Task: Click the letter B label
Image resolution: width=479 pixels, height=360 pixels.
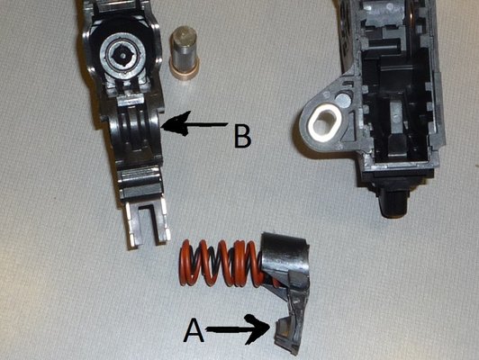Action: click(x=242, y=136)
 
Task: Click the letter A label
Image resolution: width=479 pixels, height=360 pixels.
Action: click(x=194, y=330)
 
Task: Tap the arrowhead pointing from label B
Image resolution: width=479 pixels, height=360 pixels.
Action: click(x=175, y=123)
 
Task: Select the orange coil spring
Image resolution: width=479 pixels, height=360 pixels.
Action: click(x=221, y=263)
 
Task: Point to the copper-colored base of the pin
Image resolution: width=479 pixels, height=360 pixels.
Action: click(x=185, y=70)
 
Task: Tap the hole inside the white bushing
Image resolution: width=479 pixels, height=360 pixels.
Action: click(x=325, y=123)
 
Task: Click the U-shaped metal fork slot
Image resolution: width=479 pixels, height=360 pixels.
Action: click(x=147, y=224)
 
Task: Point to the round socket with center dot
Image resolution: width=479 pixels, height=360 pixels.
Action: click(x=122, y=55)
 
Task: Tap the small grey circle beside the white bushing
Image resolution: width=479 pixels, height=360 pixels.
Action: click(x=342, y=99)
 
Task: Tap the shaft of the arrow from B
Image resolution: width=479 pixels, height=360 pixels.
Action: click(x=208, y=124)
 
